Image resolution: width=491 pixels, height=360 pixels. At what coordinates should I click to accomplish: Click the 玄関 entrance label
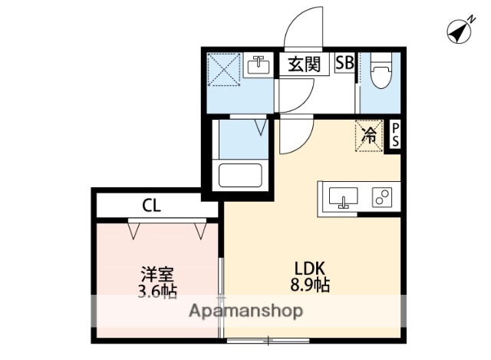pyautogui.click(x=304, y=64)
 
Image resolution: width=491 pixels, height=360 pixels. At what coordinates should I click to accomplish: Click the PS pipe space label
pyautogui.click(x=394, y=136)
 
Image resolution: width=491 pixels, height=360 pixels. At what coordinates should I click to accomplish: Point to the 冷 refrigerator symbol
pyautogui.click(x=368, y=137)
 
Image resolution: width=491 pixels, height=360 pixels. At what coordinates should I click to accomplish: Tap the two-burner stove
pyautogui.click(x=382, y=198)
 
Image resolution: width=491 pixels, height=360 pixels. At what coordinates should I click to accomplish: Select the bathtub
pyautogui.click(x=241, y=174)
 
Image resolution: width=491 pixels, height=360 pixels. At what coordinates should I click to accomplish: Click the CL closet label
pyautogui.click(x=151, y=205)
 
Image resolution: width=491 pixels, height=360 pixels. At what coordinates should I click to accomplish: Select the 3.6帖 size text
pyautogui.click(x=157, y=291)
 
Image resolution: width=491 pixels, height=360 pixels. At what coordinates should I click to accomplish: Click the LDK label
pyautogui.click(x=311, y=268)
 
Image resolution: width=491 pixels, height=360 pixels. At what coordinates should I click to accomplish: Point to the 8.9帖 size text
pyautogui.click(x=311, y=286)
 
